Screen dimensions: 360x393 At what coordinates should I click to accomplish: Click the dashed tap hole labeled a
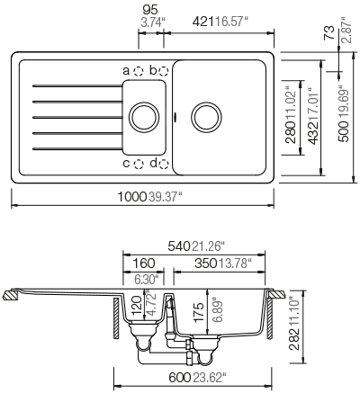tap(139, 71)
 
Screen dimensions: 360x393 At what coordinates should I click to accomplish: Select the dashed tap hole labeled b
tap(164, 71)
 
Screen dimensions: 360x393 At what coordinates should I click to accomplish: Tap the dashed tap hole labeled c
tap(139, 164)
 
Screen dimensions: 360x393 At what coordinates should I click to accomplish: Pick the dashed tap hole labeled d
tap(164, 164)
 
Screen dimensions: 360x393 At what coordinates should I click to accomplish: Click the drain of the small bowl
tap(144, 117)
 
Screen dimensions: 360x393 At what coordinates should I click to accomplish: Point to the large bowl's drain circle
tap(206, 117)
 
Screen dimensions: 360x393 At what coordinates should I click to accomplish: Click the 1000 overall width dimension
tap(131, 197)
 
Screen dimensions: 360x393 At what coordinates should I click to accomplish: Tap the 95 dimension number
tap(150, 10)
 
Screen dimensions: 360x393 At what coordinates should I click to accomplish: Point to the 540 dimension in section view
tap(179, 246)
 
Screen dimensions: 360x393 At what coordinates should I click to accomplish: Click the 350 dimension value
tap(206, 263)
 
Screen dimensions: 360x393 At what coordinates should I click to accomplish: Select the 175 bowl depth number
tap(199, 312)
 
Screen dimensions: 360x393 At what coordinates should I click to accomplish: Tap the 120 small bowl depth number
tap(137, 305)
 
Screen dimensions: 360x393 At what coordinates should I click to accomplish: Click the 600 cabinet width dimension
tap(180, 378)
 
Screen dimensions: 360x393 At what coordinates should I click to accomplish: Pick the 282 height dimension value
tap(294, 339)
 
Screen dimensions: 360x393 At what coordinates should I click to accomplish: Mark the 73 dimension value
tap(329, 32)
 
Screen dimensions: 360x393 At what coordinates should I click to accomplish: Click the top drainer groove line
tap(77, 86)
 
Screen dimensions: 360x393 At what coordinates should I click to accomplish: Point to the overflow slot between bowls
tap(175, 117)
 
